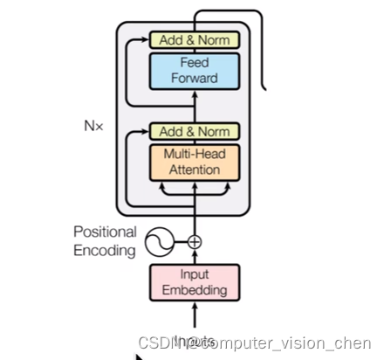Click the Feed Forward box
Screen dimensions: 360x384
(195, 70)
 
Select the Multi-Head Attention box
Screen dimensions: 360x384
(195, 162)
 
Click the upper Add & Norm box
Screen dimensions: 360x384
(195, 39)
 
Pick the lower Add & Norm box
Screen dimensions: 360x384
(195, 132)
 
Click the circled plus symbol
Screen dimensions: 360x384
(195, 241)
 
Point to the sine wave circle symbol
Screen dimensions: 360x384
(161, 241)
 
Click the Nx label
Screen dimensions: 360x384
(94, 126)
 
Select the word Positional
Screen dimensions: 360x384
(105, 232)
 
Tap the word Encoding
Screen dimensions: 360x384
(105, 252)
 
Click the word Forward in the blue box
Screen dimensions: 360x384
(195, 78)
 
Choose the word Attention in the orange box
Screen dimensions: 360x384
(195, 170)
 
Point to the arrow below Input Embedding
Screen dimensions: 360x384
(195, 315)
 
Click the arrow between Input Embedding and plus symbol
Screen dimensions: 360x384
(195, 257)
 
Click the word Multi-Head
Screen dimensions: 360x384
(195, 154)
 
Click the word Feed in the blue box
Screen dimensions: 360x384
(195, 62)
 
